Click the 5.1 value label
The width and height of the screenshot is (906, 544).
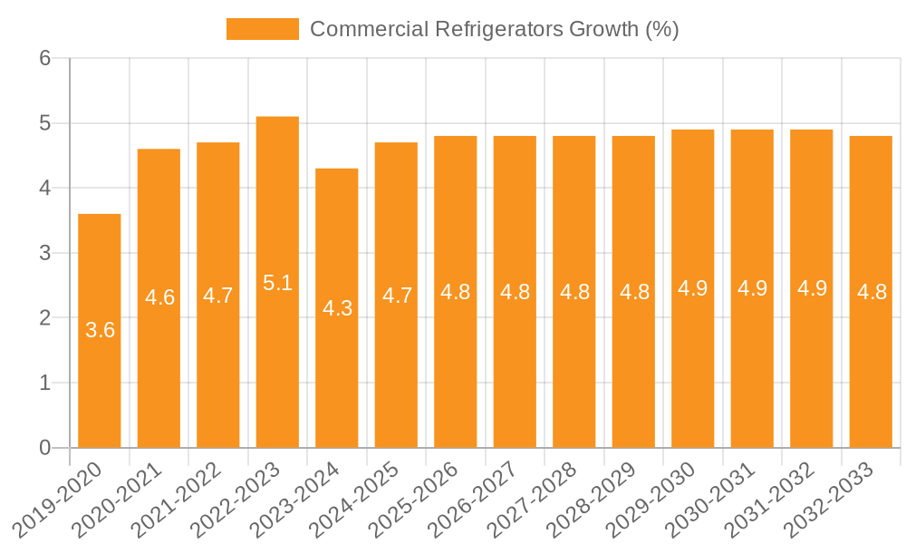pyautogui.click(x=277, y=283)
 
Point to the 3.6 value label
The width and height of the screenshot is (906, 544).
pyautogui.click(x=100, y=330)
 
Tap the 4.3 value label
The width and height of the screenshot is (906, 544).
pyautogui.click(x=337, y=308)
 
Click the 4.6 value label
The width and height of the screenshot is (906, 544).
pyautogui.click(x=159, y=297)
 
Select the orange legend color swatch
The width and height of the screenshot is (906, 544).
pyautogui.click(x=262, y=29)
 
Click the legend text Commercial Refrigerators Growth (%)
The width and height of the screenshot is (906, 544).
pyautogui.click(x=494, y=29)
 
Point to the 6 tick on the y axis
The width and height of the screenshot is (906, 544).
pyautogui.click(x=45, y=58)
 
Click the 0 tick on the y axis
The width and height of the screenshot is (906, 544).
pyautogui.click(x=45, y=448)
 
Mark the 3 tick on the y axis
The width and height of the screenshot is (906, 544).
pyautogui.click(x=45, y=253)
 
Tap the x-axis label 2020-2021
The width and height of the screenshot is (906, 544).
pyautogui.click(x=118, y=498)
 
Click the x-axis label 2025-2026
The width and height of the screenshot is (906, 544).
pyautogui.click(x=414, y=498)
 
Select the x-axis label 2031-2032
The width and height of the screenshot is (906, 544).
pyautogui.click(x=770, y=498)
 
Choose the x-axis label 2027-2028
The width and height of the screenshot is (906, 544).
pyautogui.click(x=533, y=498)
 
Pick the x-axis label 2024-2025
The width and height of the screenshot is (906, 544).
pyautogui.click(x=355, y=498)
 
